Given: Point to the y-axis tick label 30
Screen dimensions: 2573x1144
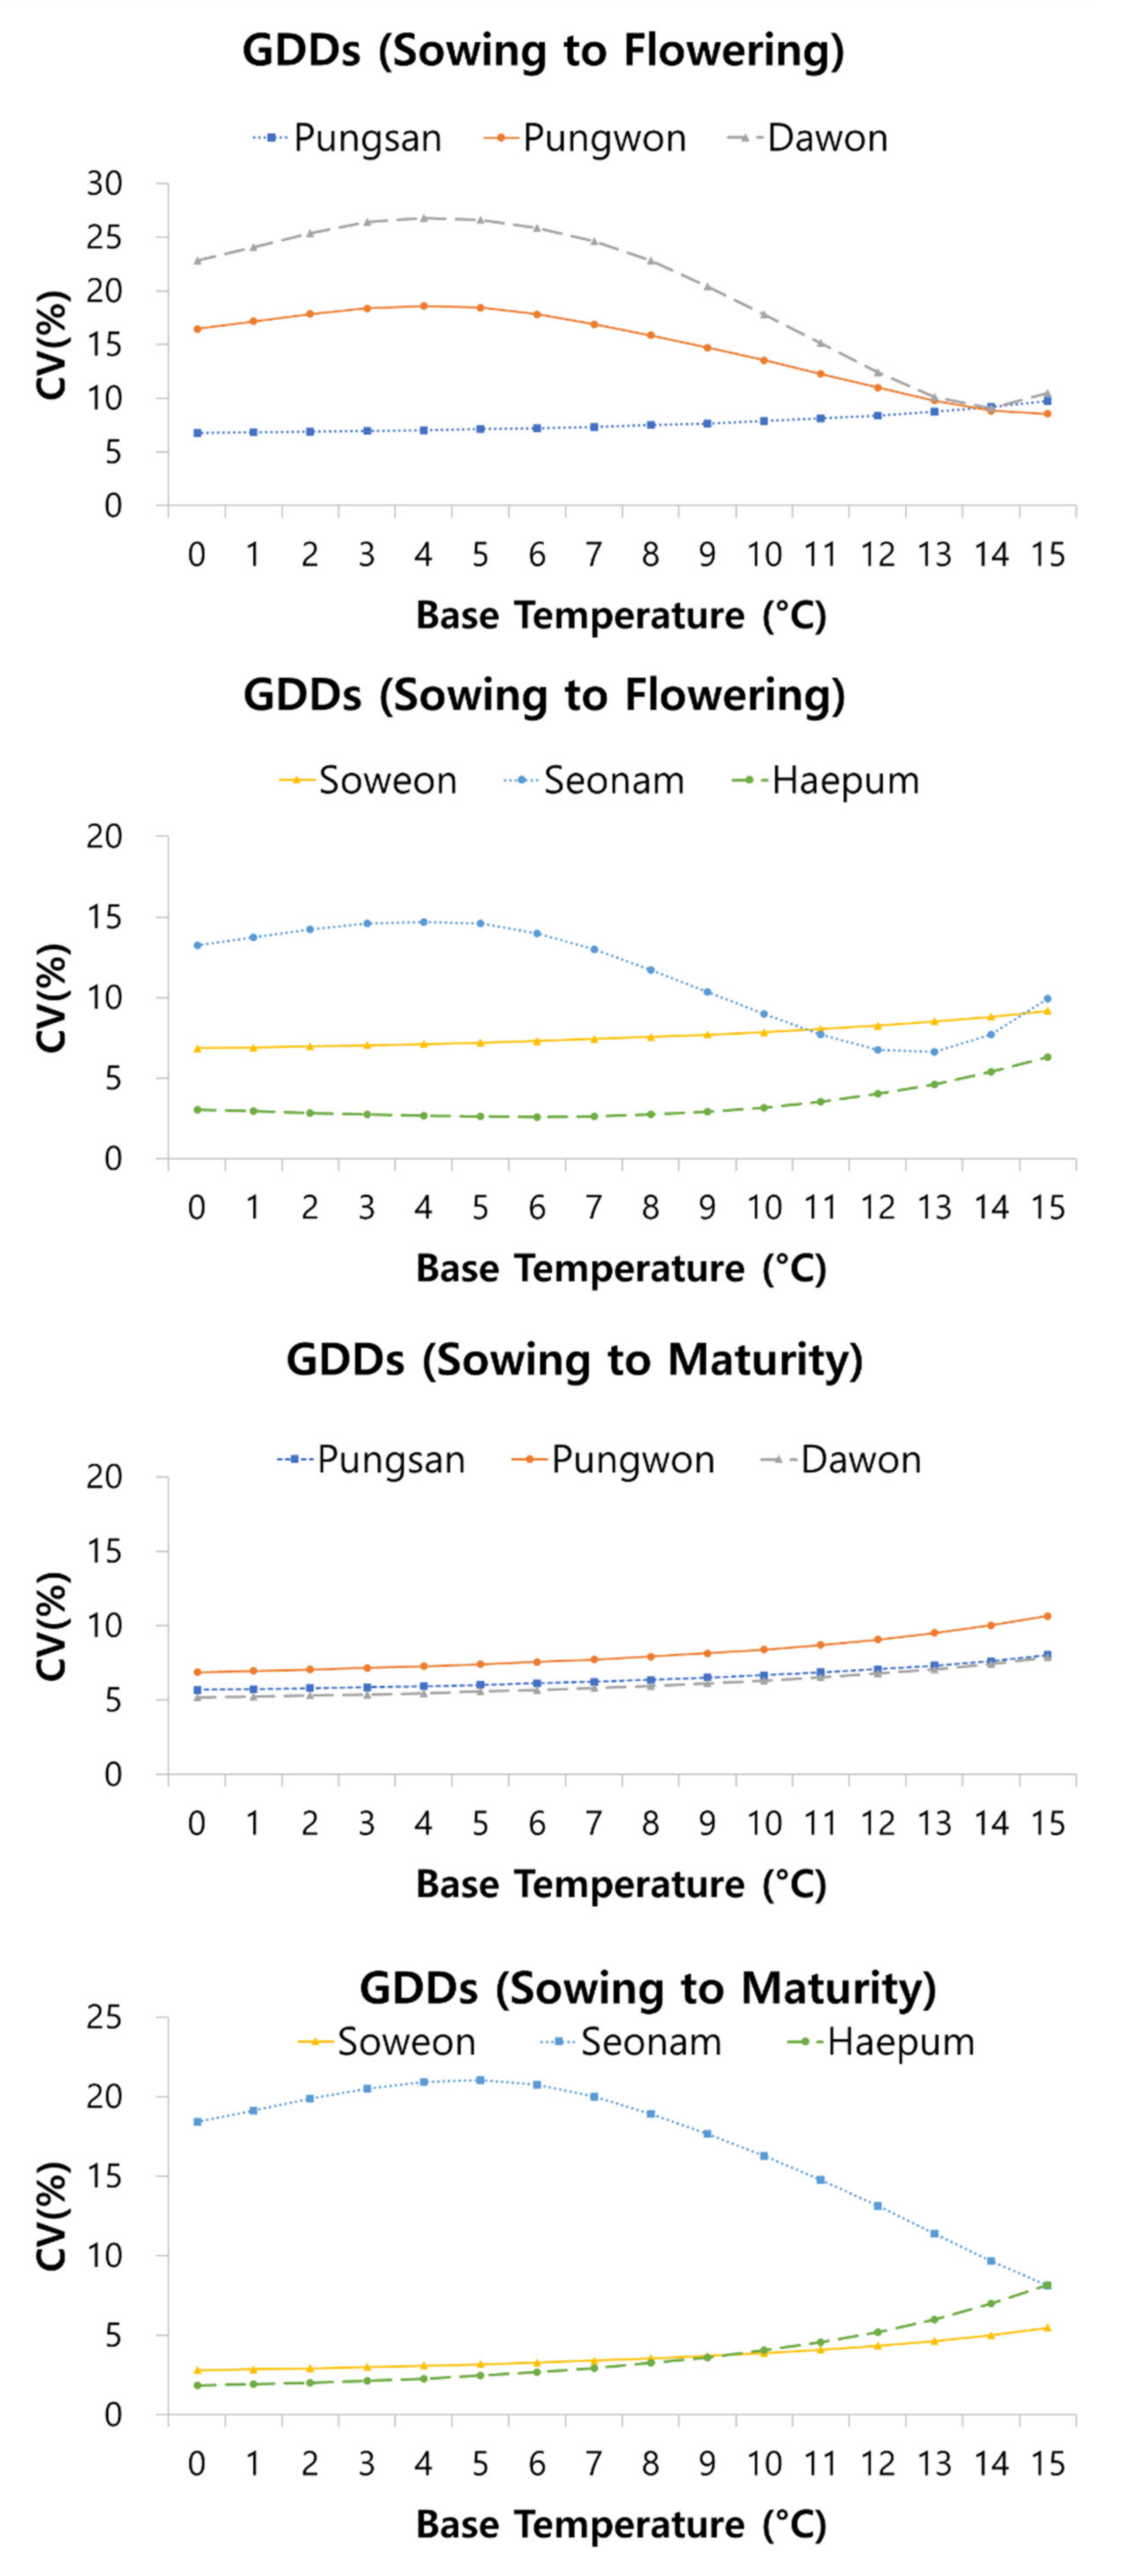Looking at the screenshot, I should coord(104,184).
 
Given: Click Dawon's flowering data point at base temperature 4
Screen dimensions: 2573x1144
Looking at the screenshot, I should coord(424,218).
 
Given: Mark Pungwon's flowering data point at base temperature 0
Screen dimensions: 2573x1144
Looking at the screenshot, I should coord(197,329).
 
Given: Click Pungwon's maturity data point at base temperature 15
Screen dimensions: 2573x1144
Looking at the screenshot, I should coord(1048,1615).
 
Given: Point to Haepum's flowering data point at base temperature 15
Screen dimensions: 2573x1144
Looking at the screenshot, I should coord(1048,1057).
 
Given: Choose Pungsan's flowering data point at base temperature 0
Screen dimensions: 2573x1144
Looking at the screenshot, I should coord(197,432).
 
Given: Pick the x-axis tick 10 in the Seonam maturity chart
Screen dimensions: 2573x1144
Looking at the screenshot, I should coord(764,2464).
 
